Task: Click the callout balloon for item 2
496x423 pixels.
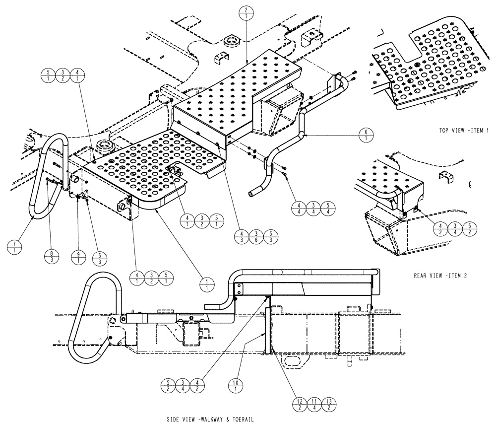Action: (247, 10)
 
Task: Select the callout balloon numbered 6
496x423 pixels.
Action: (366, 135)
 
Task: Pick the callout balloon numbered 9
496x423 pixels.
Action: (79, 257)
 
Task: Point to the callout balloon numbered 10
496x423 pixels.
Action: (236, 385)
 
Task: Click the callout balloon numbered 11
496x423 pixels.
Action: (314, 405)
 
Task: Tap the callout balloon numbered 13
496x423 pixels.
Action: (329, 405)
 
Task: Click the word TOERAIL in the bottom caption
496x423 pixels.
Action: (242, 419)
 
